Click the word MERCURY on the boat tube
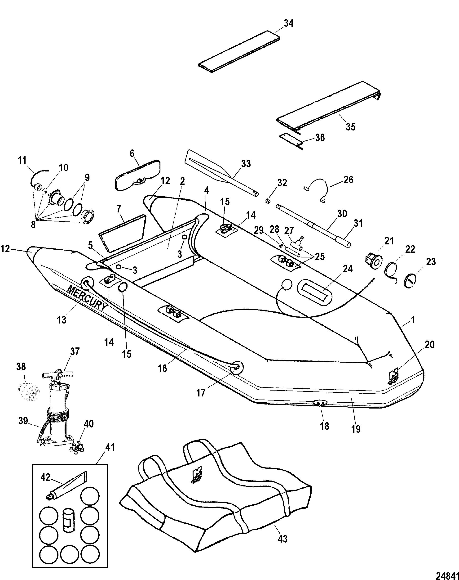point(87,299)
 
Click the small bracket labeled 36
point(291,141)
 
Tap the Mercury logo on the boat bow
point(393,378)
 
